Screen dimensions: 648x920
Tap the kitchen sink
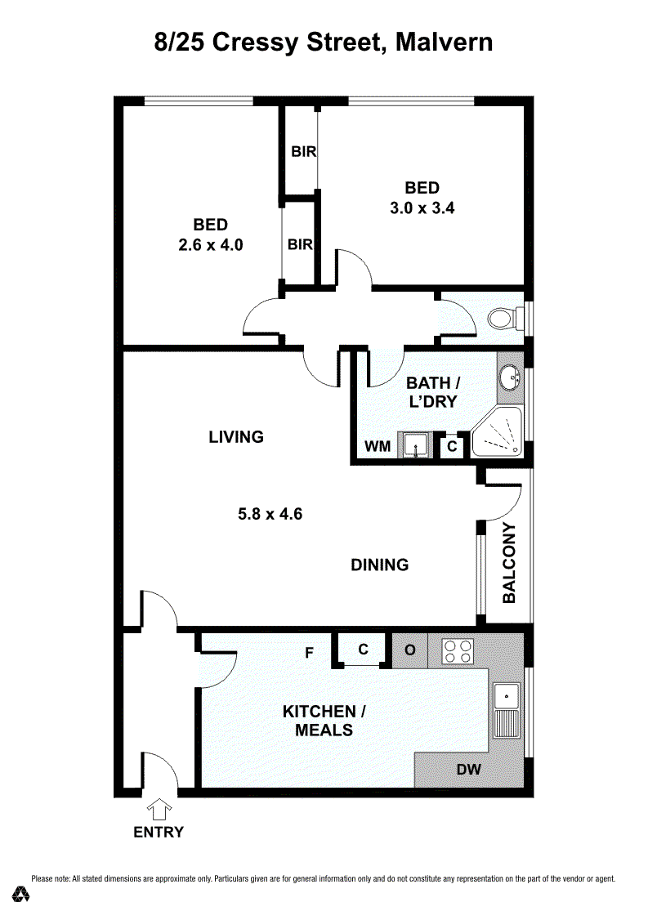[507, 710]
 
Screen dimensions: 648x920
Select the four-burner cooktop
[458, 651]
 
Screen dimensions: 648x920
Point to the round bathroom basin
[509, 377]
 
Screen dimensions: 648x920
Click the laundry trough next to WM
[415, 445]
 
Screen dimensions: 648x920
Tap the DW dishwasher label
[469, 769]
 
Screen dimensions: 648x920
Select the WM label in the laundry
[378, 446]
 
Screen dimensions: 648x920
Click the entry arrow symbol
[159, 810]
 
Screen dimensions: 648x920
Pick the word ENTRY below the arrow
[159, 832]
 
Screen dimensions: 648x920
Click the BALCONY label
[509, 563]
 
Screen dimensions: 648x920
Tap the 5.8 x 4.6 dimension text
[270, 514]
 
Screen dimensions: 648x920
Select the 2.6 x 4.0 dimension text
[211, 244]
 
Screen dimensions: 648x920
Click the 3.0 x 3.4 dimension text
[422, 208]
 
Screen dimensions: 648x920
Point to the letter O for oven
[410, 650]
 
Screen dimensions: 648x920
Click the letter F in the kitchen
[310, 653]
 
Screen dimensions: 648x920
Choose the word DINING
[380, 565]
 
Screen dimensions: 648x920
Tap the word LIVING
[236, 436]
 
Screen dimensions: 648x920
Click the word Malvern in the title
[445, 42]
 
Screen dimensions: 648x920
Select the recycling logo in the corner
[22, 894]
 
